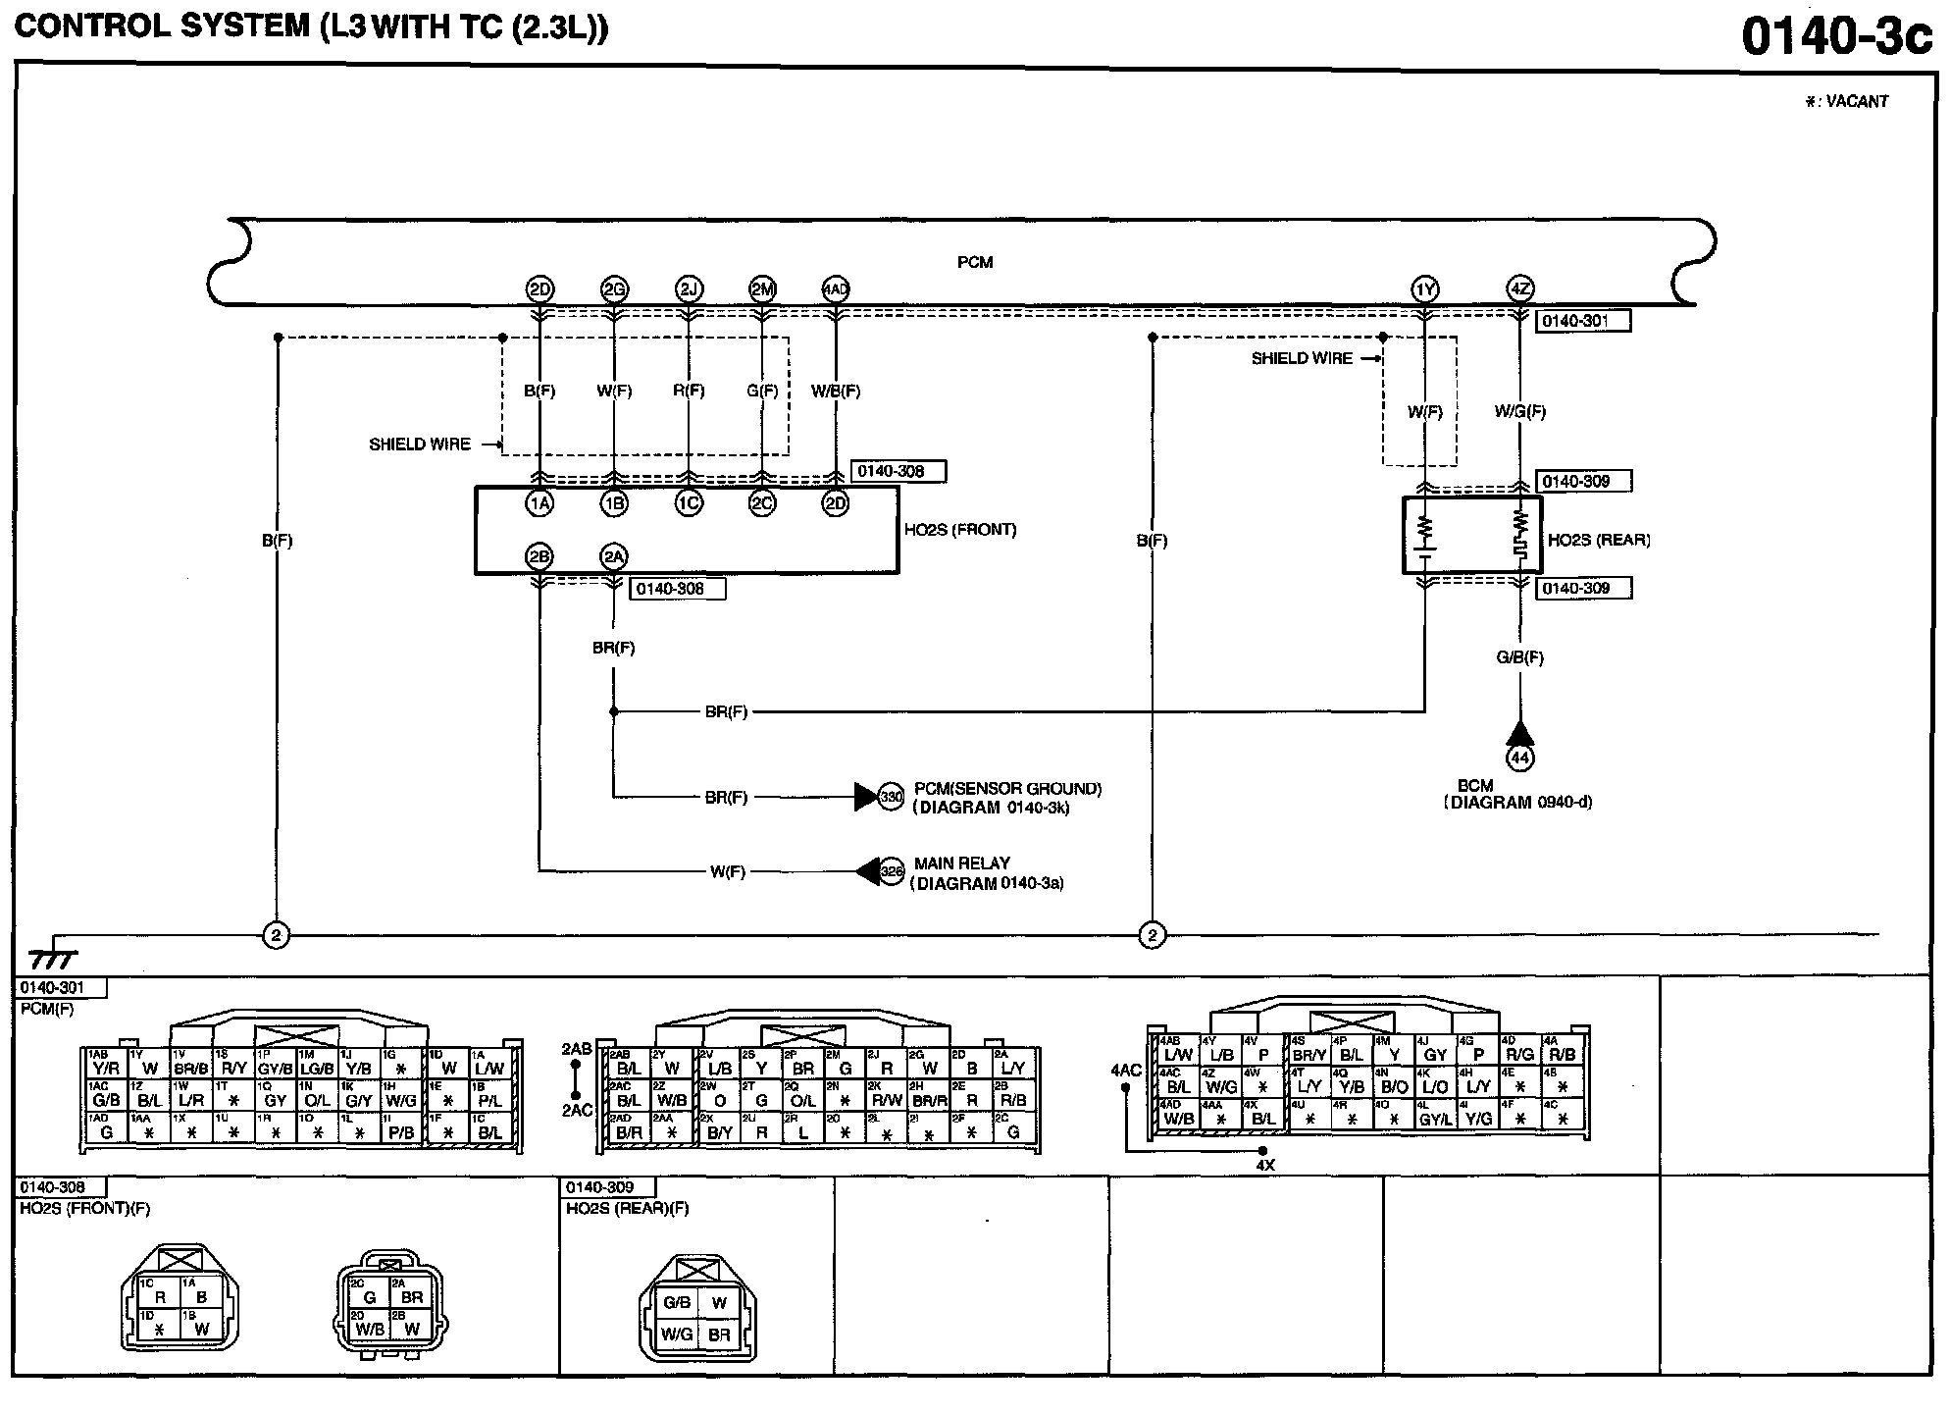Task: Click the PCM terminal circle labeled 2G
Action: coord(614,289)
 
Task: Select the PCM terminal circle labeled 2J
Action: coord(689,289)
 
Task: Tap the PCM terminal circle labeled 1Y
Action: coord(1425,289)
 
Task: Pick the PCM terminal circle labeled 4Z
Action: coord(1519,289)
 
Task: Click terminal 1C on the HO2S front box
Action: coord(689,503)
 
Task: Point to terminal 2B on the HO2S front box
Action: coord(539,557)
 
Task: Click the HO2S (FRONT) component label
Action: coord(960,530)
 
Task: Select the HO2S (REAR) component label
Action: coord(1599,540)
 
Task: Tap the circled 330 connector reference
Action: coord(891,797)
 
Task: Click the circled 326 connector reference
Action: coord(891,871)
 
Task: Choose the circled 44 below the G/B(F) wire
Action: coord(1519,758)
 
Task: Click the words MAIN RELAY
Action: coord(961,863)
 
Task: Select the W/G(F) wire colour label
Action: coord(1519,412)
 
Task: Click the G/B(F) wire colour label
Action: coord(1519,657)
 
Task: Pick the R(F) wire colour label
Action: coord(689,391)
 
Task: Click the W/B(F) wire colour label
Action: coord(836,391)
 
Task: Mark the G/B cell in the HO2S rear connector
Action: coord(677,1303)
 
